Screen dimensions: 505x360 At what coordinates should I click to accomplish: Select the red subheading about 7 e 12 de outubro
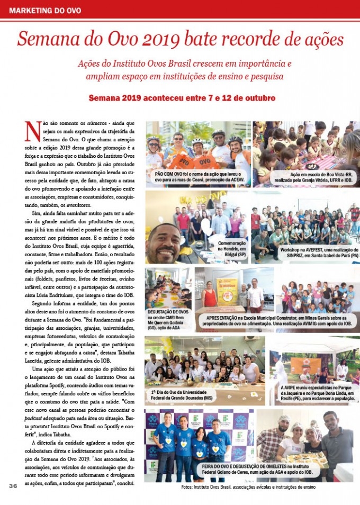(182, 99)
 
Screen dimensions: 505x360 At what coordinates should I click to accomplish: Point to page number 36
(13, 485)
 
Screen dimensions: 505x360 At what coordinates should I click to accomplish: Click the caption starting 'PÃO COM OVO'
(198, 177)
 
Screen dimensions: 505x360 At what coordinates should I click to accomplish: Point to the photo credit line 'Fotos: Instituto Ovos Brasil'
(248, 486)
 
